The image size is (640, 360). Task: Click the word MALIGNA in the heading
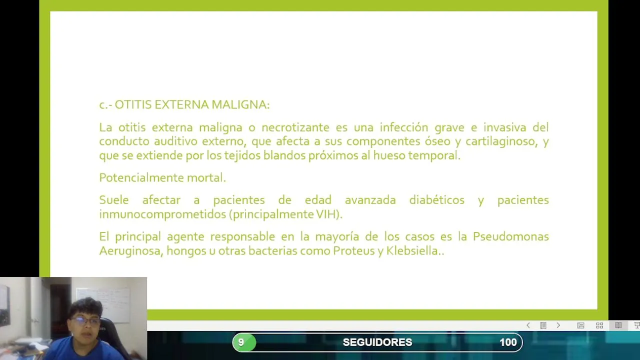[240, 105]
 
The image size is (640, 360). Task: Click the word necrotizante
[295, 127]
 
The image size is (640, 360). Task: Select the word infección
[403, 127]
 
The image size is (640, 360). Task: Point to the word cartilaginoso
[501, 141]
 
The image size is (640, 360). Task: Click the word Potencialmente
[141, 177]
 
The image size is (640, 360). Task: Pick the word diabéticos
[437, 200]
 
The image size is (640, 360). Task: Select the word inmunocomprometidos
[163, 214]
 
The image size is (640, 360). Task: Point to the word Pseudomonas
[511, 236]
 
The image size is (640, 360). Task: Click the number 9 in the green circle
[241, 342]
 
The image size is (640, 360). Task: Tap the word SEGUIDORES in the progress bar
[377, 342]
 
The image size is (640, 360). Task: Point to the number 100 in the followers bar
[508, 342]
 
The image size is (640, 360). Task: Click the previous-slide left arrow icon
[528, 325]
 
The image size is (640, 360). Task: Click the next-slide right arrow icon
[558, 325]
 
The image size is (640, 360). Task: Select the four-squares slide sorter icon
[599, 325]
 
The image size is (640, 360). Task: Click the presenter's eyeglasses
[85, 321]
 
